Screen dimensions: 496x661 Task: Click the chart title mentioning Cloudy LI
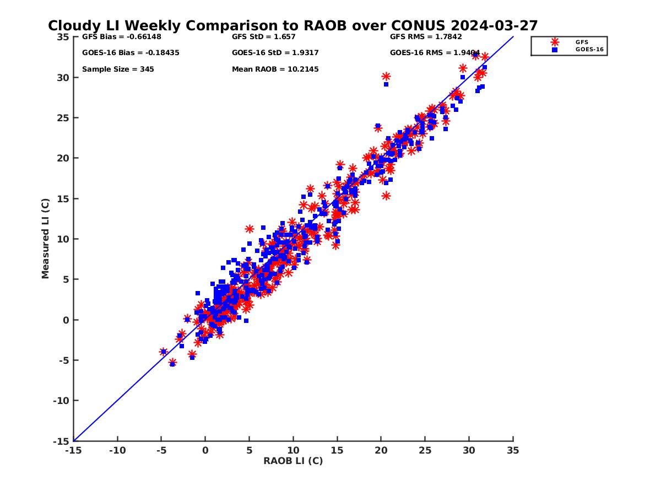[292, 26]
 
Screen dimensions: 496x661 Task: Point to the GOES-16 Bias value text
[131, 53]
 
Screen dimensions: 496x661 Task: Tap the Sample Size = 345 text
[118, 69]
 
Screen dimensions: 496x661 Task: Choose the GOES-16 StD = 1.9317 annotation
[275, 53]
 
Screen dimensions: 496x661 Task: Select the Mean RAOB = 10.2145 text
[275, 69]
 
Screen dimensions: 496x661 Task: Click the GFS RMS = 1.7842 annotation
[426, 37]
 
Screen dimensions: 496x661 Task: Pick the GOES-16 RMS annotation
[435, 53]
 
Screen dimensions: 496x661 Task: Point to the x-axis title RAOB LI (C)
[293, 461]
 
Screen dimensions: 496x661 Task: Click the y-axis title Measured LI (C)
[45, 239]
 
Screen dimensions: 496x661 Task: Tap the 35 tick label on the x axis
[513, 450]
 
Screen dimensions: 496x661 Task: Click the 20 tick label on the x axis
[381, 450]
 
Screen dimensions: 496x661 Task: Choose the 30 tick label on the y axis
[63, 78]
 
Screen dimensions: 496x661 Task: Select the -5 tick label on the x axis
[161, 450]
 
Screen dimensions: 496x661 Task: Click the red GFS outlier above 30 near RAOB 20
[386, 77]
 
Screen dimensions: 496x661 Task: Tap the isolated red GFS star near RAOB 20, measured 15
[386, 196]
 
